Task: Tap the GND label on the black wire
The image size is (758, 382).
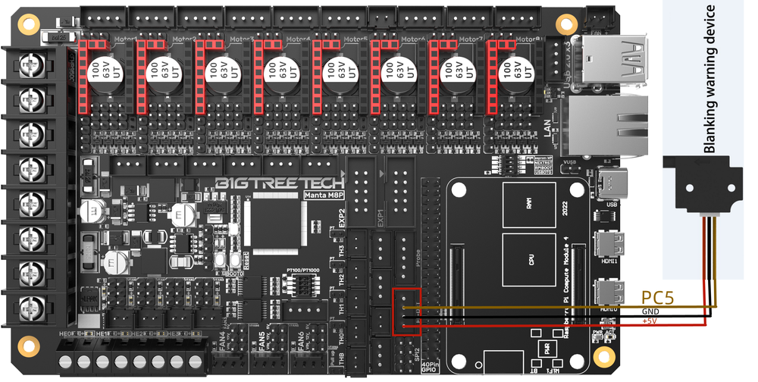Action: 650,312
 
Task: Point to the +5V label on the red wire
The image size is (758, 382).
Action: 650,321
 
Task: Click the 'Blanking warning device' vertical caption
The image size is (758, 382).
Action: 709,80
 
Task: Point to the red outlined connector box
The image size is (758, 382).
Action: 407,311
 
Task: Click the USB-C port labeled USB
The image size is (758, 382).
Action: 610,182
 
